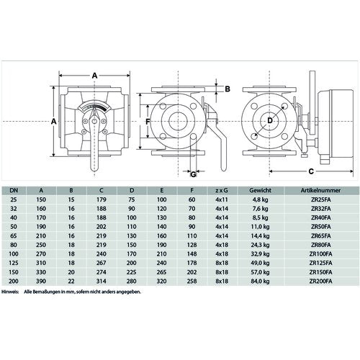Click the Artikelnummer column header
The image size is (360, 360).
click(x=320, y=191)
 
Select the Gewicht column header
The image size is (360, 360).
click(x=260, y=191)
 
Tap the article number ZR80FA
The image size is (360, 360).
click(x=321, y=245)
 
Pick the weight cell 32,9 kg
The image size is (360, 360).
click(x=260, y=254)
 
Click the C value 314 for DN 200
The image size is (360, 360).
click(x=102, y=282)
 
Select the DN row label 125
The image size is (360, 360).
click(x=14, y=263)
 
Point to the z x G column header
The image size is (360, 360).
click(x=222, y=191)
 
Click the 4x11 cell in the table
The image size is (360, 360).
click(x=222, y=199)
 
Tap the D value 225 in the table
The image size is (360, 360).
click(x=132, y=272)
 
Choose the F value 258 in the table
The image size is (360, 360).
click(x=192, y=282)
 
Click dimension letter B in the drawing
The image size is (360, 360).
click(x=228, y=89)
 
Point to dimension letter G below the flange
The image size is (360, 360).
click(x=193, y=174)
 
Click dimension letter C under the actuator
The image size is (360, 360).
click(x=311, y=171)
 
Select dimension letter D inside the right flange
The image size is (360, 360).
click(x=270, y=120)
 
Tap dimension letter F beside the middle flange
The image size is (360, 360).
click(x=148, y=122)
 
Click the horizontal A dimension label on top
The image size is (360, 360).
click(x=95, y=76)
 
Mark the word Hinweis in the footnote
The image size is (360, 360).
click(x=10, y=292)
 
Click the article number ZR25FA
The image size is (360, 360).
click(x=321, y=199)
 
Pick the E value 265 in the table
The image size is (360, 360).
click(x=161, y=272)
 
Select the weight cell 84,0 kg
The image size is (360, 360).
click(x=260, y=282)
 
